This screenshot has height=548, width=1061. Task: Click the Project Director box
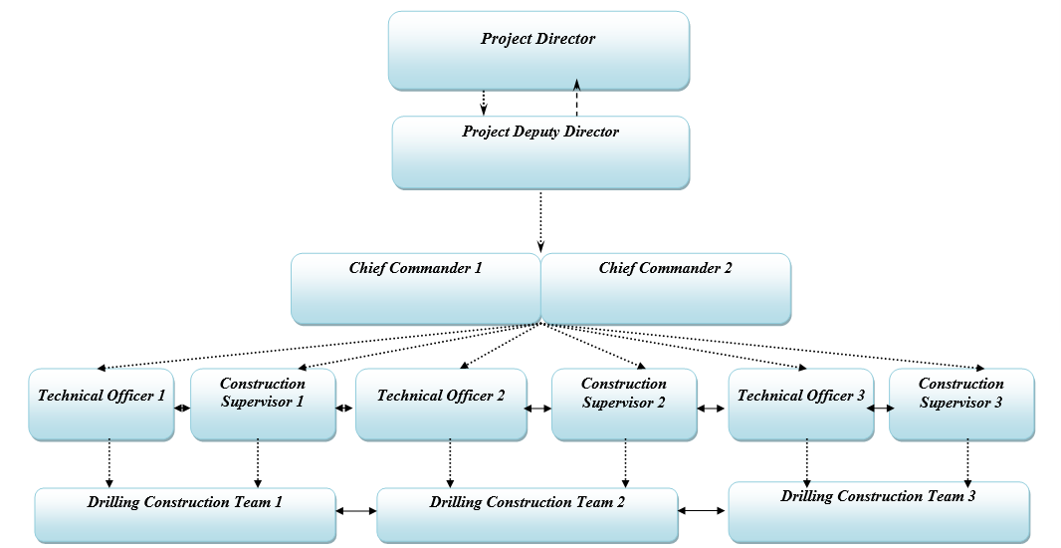pyautogui.click(x=537, y=51)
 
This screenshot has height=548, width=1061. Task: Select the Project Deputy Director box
pyautogui.click(x=540, y=152)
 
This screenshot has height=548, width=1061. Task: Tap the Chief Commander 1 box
pyautogui.click(x=415, y=288)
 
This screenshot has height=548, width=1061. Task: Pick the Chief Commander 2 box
pyautogui.click(x=666, y=288)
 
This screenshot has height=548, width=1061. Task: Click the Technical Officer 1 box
pyautogui.click(x=102, y=405)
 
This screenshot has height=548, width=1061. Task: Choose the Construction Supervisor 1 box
pyautogui.click(x=263, y=405)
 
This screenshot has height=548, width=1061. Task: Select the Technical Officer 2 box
pyautogui.click(x=441, y=405)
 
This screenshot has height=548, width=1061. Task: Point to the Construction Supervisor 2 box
pyautogui.click(x=624, y=405)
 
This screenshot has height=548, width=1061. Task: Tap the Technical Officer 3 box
pyautogui.click(x=801, y=405)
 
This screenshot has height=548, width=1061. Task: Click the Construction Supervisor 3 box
pyautogui.click(x=961, y=405)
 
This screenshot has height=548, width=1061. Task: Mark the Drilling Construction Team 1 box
pyautogui.click(x=184, y=515)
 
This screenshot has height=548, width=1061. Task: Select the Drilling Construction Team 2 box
pyautogui.click(x=528, y=515)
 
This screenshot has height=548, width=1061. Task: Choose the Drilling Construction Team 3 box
pyautogui.click(x=878, y=509)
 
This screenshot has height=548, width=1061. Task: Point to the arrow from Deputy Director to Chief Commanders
pyautogui.click(x=540, y=220)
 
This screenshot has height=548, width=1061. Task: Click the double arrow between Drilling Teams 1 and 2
pyautogui.click(x=356, y=511)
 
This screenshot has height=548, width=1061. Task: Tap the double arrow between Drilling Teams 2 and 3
pyautogui.click(x=703, y=510)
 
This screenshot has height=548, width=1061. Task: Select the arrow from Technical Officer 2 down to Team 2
pyautogui.click(x=450, y=463)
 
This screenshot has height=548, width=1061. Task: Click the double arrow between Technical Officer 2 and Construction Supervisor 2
pyautogui.click(x=538, y=409)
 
